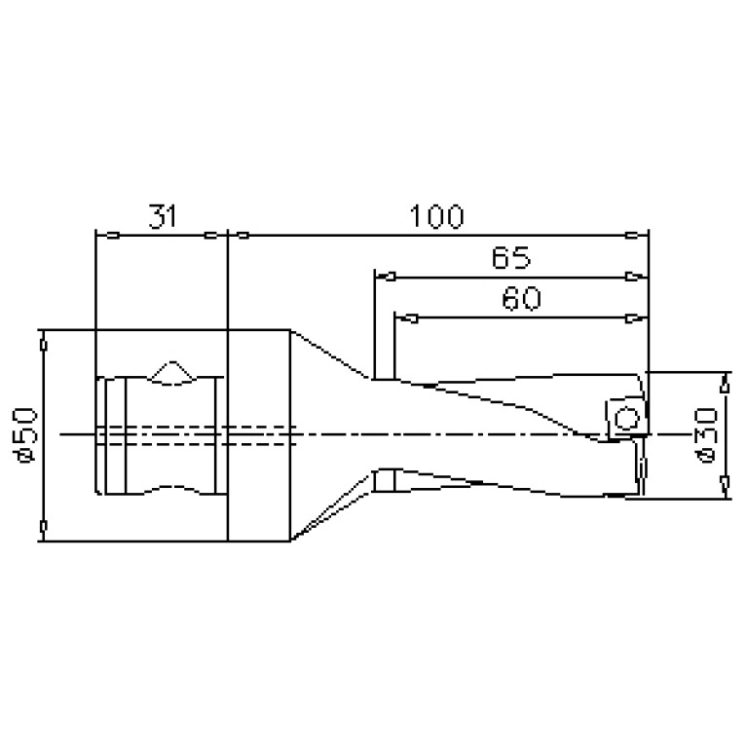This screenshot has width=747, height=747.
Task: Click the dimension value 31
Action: click(163, 216)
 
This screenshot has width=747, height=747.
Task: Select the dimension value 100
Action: click(435, 216)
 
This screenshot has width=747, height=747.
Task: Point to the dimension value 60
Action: click(521, 299)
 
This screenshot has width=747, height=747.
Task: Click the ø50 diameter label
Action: click(27, 434)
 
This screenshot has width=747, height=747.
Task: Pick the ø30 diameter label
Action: click(708, 435)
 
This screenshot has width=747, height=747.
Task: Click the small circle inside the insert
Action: click(627, 420)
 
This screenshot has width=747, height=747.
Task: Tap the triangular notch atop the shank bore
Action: click(172, 373)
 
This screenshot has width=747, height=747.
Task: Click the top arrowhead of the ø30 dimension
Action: click(724, 386)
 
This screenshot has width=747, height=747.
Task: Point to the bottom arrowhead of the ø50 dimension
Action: click(43, 527)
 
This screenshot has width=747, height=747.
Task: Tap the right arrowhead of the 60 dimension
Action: click(635, 317)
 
